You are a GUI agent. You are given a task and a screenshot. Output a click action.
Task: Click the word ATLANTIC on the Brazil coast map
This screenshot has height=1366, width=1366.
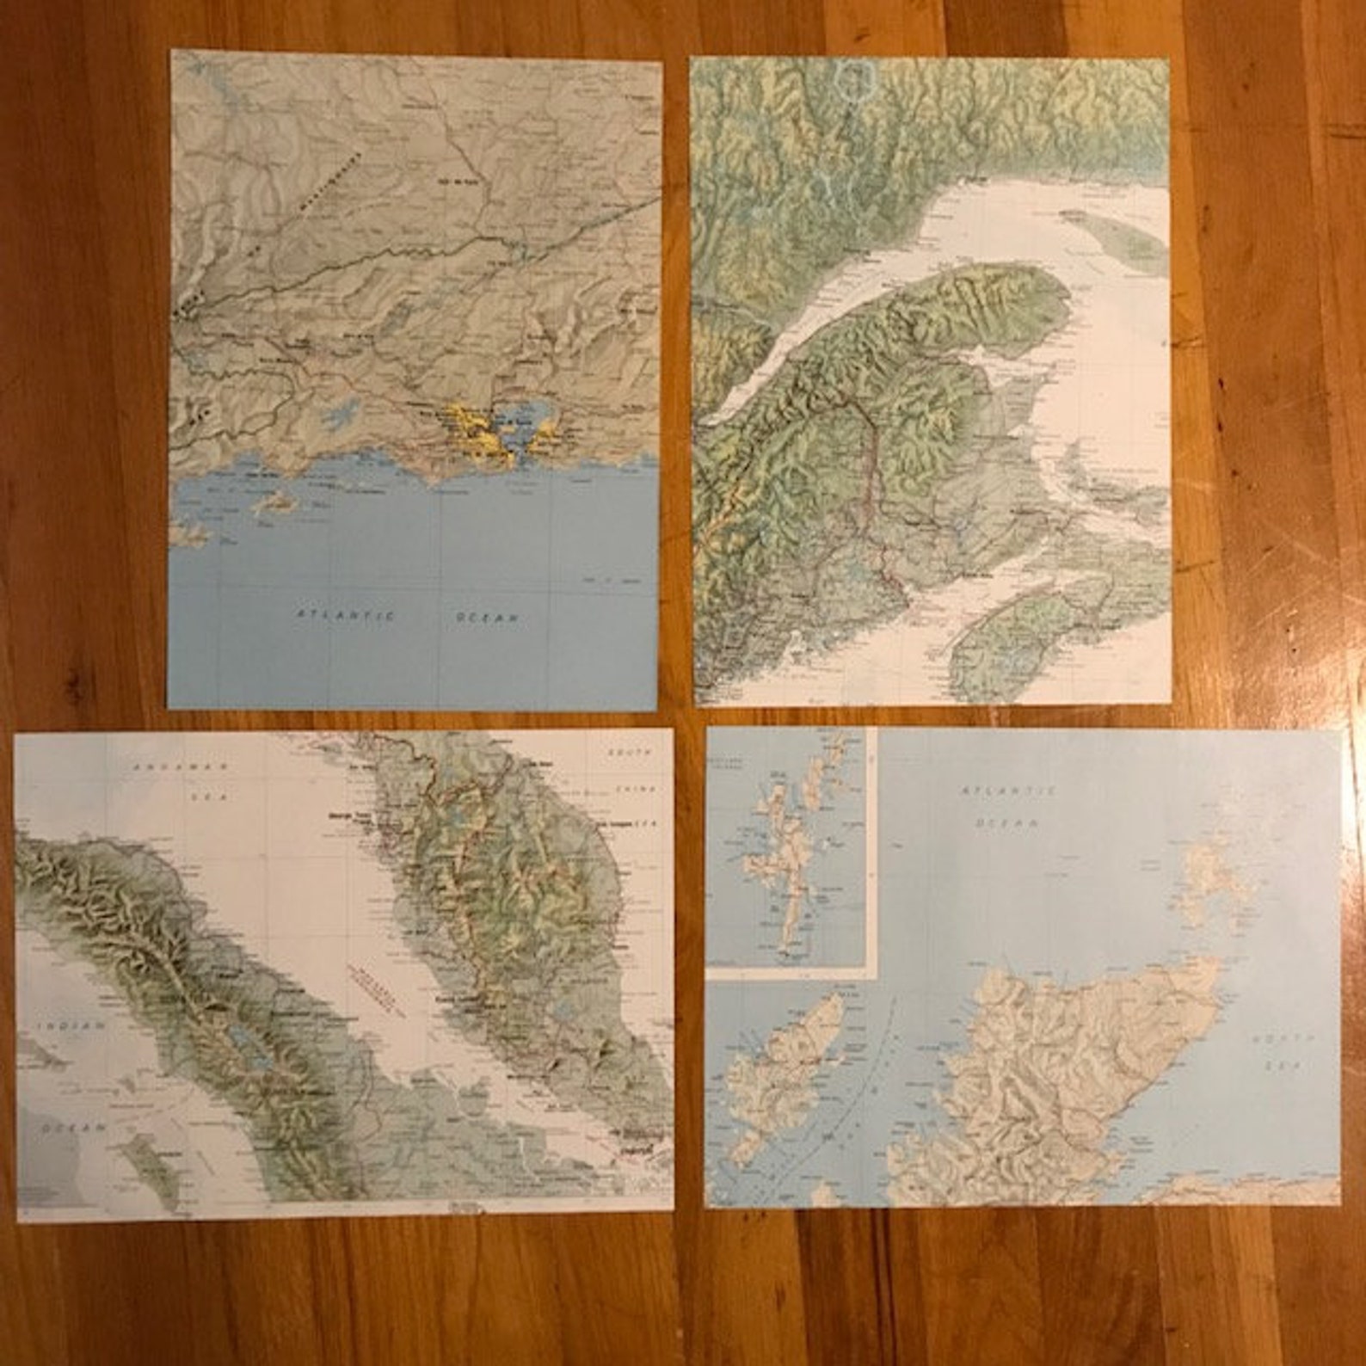tap(345, 615)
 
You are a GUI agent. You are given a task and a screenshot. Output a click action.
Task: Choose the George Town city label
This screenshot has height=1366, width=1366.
tap(352, 814)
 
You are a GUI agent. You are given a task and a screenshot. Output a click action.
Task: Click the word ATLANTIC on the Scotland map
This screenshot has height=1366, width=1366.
tap(1007, 790)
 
